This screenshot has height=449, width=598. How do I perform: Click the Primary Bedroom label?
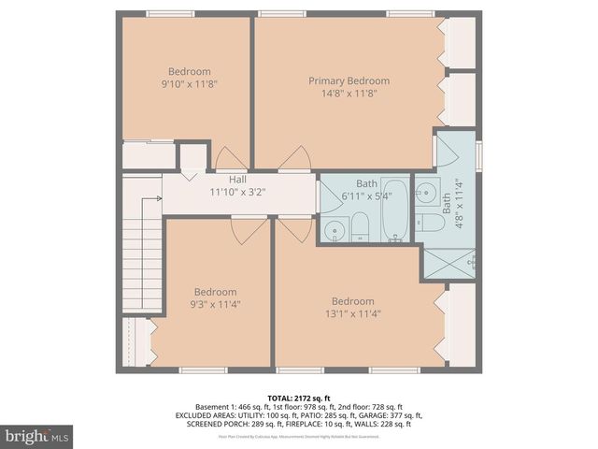(x=349, y=80)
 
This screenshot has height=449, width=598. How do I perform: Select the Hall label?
(x=237, y=180)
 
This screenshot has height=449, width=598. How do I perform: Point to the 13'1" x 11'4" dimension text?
(x=353, y=314)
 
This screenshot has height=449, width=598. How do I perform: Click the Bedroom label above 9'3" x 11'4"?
(x=215, y=291)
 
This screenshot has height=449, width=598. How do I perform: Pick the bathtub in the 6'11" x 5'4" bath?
(x=394, y=210)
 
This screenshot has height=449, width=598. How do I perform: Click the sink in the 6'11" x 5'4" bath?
(x=334, y=230)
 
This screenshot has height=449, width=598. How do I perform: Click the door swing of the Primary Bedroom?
(x=295, y=159)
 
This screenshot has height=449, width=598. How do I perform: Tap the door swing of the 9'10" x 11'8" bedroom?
(x=231, y=159)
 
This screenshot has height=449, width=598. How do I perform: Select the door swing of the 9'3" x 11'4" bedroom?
(x=249, y=230)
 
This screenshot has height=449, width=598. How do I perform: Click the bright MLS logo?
(x=37, y=435)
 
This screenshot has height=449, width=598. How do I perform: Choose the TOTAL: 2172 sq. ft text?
(x=299, y=398)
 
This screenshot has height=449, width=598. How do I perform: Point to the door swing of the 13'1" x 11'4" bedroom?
(x=294, y=229)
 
